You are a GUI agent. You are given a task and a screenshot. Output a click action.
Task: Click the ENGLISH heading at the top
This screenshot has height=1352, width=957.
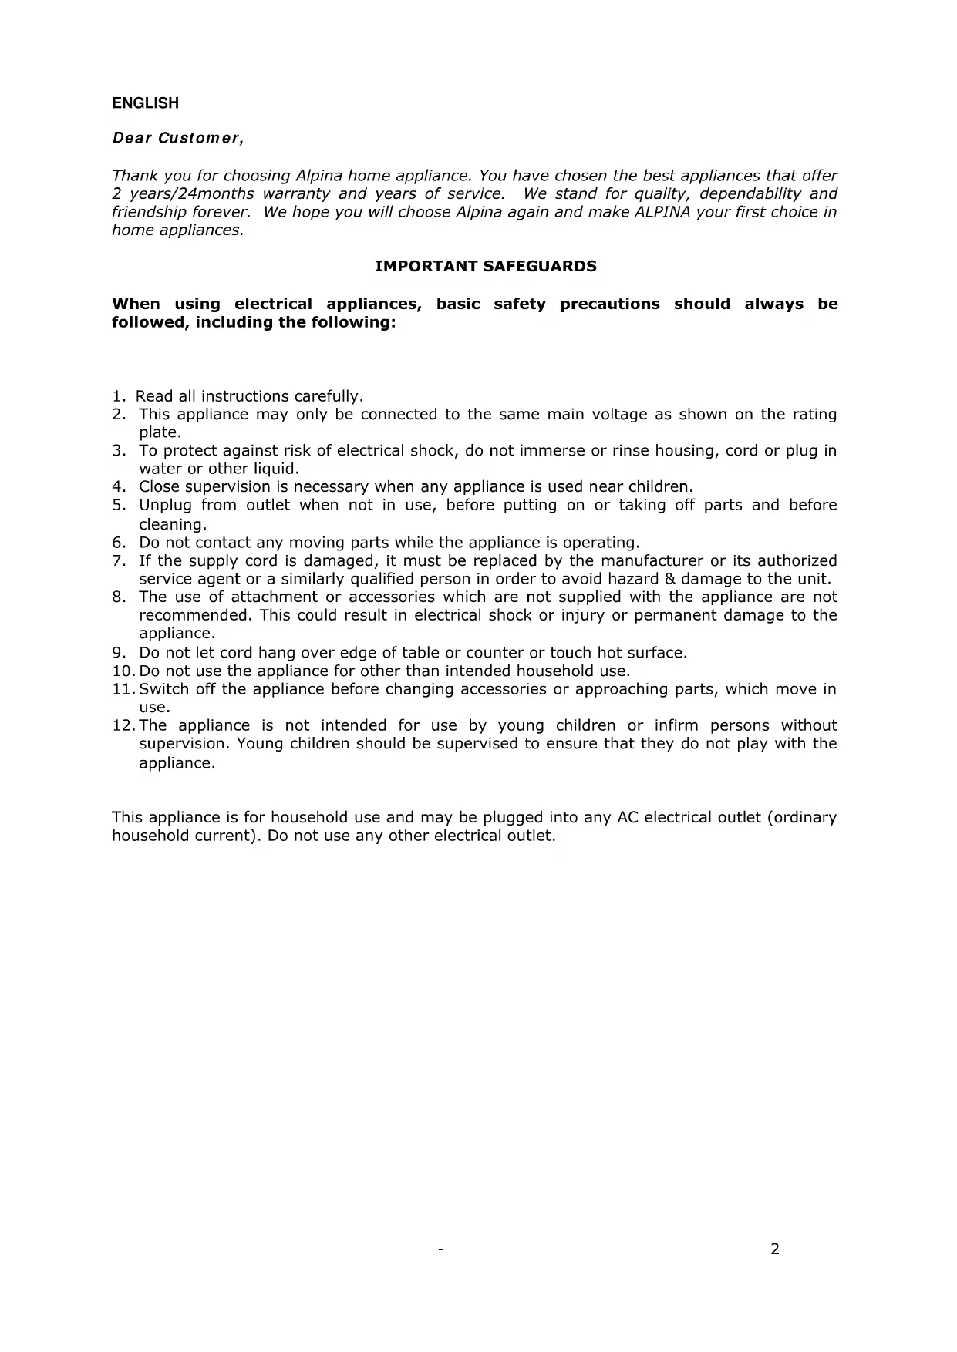pyautogui.click(x=145, y=103)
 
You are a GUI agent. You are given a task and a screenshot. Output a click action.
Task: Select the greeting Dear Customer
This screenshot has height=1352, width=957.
pyautogui.click(x=178, y=139)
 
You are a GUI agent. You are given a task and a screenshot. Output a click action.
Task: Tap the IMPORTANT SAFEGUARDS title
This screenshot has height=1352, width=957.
pyautogui.click(x=485, y=267)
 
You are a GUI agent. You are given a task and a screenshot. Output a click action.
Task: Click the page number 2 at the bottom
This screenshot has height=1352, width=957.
pyautogui.click(x=775, y=1249)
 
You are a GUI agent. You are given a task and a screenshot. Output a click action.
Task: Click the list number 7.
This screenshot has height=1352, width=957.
pyautogui.click(x=119, y=561)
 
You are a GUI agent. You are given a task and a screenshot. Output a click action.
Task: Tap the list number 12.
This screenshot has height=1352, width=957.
pyautogui.click(x=123, y=725)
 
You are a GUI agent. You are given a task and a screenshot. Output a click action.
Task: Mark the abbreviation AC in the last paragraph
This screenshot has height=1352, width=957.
pyautogui.click(x=626, y=818)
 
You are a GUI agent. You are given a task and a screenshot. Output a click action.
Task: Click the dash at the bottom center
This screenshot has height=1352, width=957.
pyautogui.click(x=440, y=1249)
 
